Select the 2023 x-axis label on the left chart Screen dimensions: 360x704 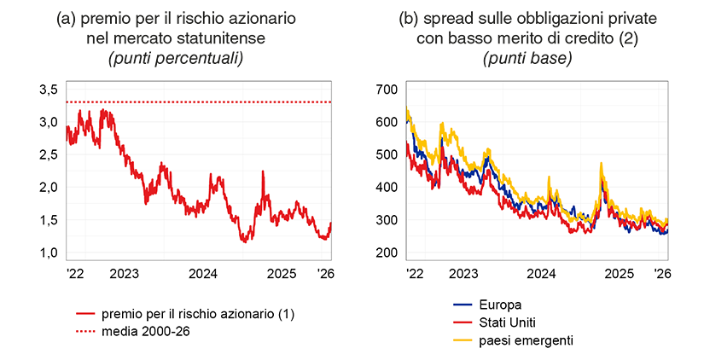click(125, 274)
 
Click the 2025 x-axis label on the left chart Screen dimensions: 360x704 click(282, 274)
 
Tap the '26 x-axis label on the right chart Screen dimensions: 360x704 click(660, 274)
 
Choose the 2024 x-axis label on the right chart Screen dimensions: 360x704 click(541, 274)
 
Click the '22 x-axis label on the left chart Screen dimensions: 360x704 click(75, 274)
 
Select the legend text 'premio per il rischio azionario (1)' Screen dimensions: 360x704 click(197, 315)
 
